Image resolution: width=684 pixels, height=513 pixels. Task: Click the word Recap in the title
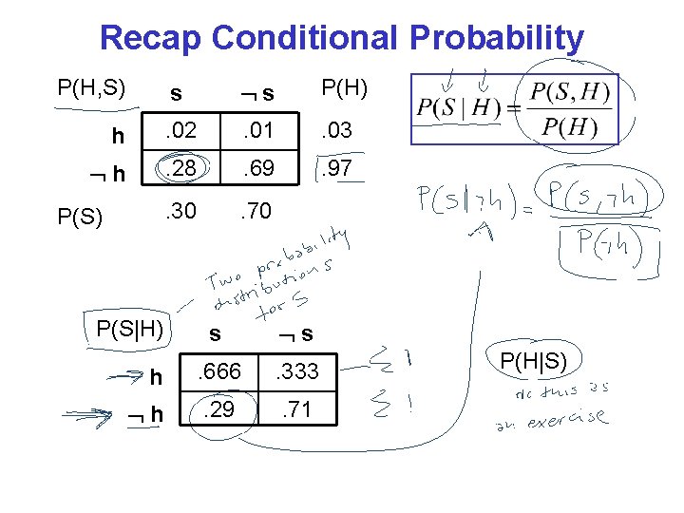tap(151, 38)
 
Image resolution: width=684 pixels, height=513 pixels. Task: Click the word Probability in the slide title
tap(497, 38)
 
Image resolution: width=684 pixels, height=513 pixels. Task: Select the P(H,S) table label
tap(92, 89)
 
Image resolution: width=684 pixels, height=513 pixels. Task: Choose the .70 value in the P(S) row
tap(256, 211)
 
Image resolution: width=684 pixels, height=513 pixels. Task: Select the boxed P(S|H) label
tap(130, 329)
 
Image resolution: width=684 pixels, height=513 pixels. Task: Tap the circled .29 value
tap(218, 411)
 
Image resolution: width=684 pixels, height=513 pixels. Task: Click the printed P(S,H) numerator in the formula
tap(570, 93)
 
